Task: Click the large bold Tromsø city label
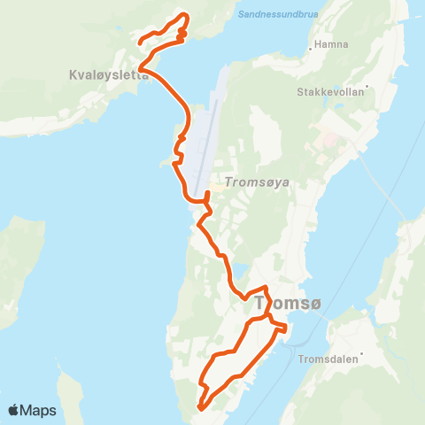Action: (293, 304)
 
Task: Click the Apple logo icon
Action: (14, 410)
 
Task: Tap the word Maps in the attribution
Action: (39, 410)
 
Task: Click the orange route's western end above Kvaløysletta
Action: (140, 42)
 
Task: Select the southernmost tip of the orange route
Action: (200, 409)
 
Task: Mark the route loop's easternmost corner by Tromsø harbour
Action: (287, 329)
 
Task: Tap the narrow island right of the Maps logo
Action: (69, 394)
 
